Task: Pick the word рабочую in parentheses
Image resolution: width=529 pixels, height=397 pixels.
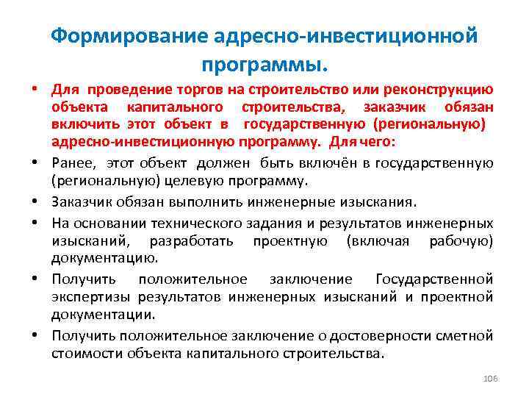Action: [461, 240]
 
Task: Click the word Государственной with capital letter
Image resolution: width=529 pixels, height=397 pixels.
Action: [433, 279]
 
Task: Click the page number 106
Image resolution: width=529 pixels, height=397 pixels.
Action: [490, 378]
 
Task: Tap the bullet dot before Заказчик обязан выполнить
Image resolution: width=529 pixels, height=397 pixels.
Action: [35, 203]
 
